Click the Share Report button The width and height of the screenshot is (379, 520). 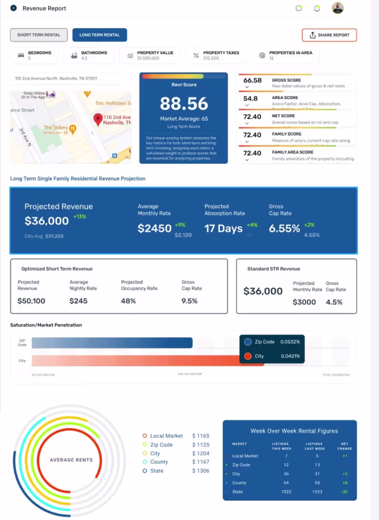(x=329, y=35)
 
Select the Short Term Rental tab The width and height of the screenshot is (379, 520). (x=39, y=35)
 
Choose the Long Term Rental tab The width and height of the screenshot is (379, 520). (x=99, y=35)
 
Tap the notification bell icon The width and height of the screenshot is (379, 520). (x=317, y=9)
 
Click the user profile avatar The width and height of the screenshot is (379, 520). (x=338, y=8)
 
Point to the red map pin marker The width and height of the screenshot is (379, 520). (x=98, y=120)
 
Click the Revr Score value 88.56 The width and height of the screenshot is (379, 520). (x=184, y=104)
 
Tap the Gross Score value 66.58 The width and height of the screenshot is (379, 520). (x=253, y=80)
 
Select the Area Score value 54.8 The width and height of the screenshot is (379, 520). (x=251, y=98)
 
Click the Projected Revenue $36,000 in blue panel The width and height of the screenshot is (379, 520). (x=46, y=221)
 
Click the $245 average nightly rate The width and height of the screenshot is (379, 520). (x=78, y=301)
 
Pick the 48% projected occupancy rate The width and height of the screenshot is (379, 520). (x=128, y=301)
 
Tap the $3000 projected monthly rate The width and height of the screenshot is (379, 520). (x=304, y=302)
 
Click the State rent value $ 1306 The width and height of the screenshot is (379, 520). (x=200, y=471)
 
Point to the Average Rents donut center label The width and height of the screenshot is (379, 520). (x=71, y=460)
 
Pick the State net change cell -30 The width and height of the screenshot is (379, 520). (x=344, y=492)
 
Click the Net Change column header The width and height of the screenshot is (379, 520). (x=344, y=446)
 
